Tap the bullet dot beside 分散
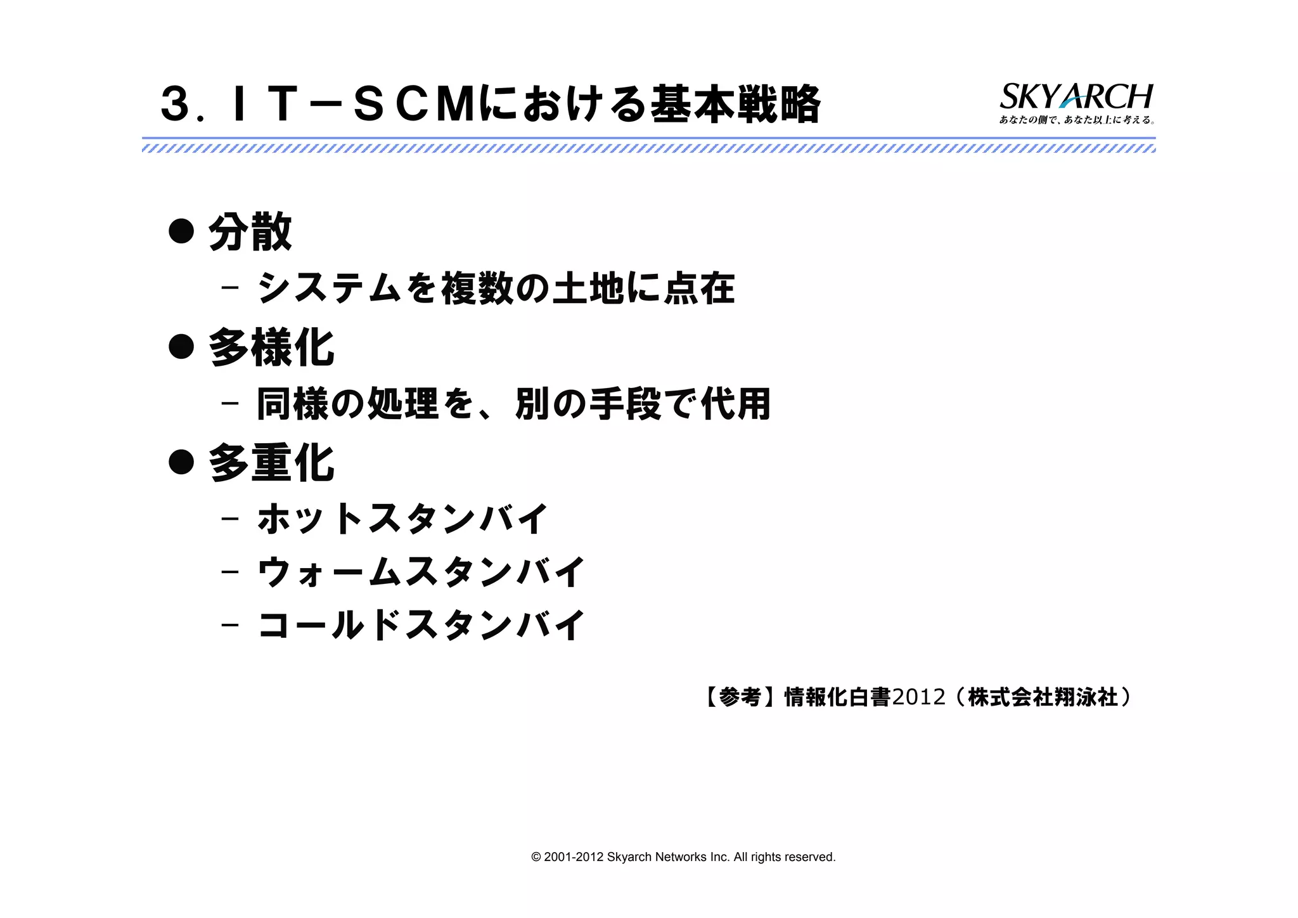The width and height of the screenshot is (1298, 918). pos(181,231)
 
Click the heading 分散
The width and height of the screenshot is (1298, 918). pos(250,233)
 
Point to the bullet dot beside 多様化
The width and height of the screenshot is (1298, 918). pos(181,347)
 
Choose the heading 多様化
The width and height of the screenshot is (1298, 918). pos(271,348)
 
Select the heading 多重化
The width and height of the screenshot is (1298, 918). pos(271,463)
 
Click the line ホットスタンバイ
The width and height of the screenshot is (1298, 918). pos(402,519)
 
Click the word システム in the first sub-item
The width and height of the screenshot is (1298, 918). pos(329,288)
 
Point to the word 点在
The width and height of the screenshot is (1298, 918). pos(698,288)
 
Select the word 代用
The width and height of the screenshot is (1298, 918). pos(735,404)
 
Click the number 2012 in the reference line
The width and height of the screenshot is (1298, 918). pos(918,697)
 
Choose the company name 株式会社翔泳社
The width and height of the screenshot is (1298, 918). pos(1043,697)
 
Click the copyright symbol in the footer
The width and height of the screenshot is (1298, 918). pos(536,857)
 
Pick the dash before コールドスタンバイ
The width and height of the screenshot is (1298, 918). pos(230,625)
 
